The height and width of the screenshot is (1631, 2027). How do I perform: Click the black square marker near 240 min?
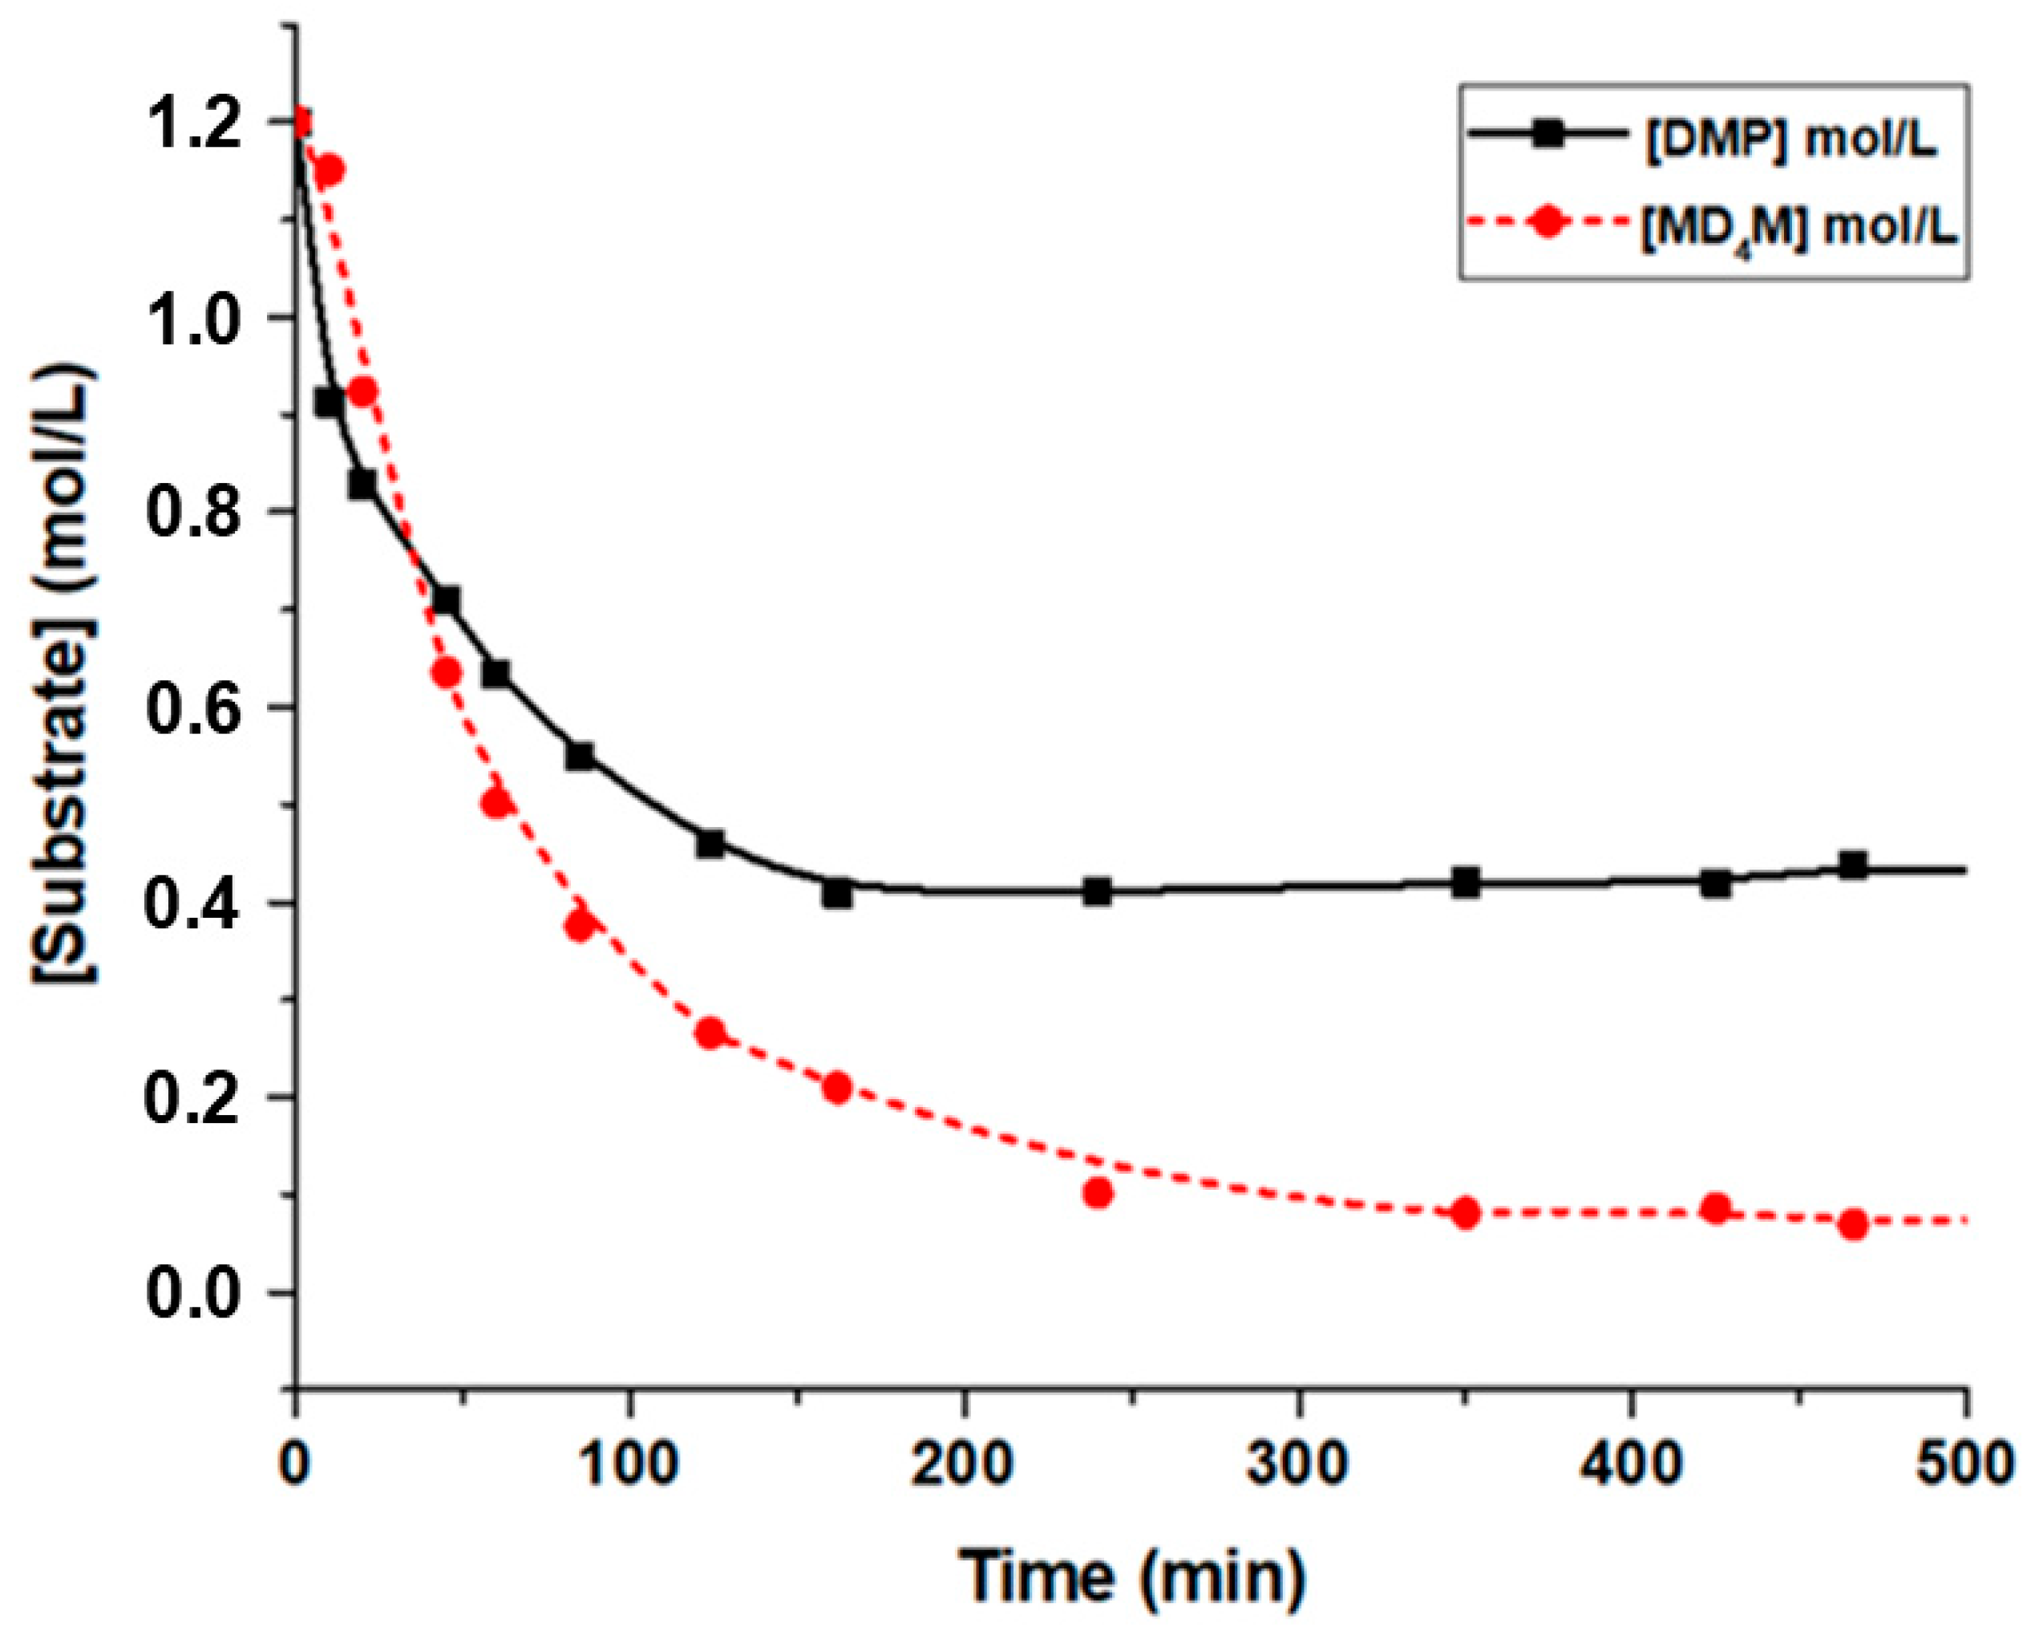[x=1097, y=891]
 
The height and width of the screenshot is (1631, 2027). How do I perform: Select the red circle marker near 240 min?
[x=1097, y=1194]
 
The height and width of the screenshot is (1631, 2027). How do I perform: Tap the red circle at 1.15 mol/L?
[x=329, y=170]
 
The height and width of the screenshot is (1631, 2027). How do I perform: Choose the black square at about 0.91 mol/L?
[x=328, y=403]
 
